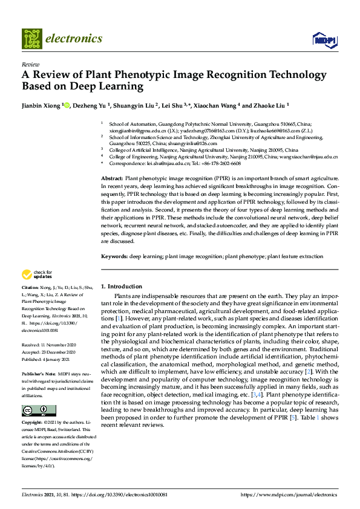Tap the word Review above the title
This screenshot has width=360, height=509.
(30, 63)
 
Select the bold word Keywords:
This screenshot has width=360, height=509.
(114, 256)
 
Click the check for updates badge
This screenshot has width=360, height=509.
(37, 274)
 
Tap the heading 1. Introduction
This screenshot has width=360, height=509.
(121, 286)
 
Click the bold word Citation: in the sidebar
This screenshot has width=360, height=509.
(30, 287)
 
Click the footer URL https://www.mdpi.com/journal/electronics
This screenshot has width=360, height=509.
(289, 494)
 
